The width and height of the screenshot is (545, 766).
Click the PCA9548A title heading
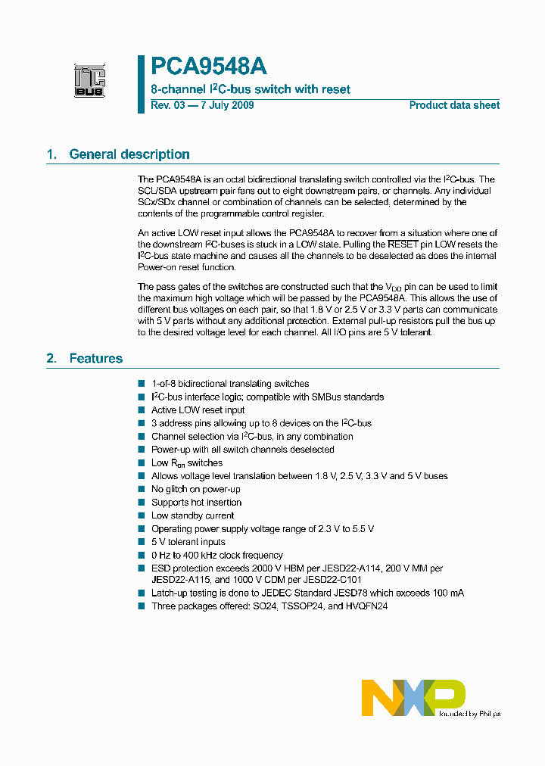tap(208, 67)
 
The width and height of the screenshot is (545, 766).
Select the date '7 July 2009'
tap(226, 105)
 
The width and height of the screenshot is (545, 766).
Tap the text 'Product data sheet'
tap(454, 105)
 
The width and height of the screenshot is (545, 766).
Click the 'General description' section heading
tap(129, 154)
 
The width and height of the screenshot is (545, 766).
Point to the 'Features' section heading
tap(95, 358)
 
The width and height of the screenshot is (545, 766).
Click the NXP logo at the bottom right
tap(413, 697)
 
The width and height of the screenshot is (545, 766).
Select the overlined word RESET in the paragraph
tap(403, 244)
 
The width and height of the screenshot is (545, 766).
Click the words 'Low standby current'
tap(192, 515)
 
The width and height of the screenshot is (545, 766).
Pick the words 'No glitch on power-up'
tap(195, 489)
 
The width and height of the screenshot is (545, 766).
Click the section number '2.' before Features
tap(51, 358)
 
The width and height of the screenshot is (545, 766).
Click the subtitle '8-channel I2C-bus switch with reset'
tap(251, 89)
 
